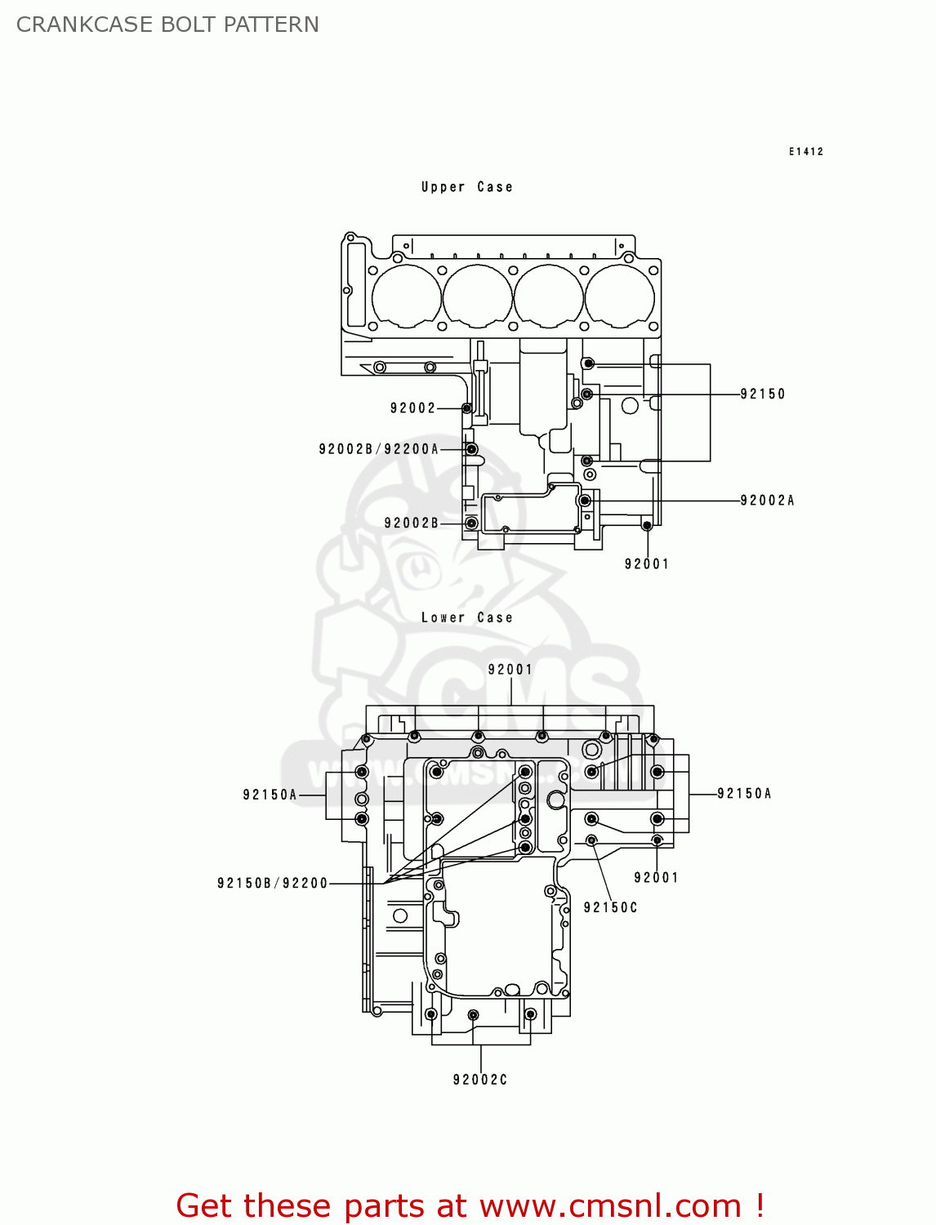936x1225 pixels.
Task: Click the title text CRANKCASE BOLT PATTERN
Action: (167, 24)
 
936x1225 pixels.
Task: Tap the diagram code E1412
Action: (805, 151)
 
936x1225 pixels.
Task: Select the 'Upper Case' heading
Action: (466, 187)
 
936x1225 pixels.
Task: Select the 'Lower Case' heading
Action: (466, 617)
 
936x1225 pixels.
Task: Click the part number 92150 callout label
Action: (762, 394)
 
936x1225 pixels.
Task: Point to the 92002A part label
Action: (767, 501)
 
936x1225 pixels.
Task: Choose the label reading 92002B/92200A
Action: (378, 449)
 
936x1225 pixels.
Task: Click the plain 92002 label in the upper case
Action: (412, 408)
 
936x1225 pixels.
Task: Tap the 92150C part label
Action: (610, 907)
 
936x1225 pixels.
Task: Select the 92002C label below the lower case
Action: (480, 1080)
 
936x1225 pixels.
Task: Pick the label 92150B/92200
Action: (272, 883)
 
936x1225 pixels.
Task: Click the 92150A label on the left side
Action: (270, 795)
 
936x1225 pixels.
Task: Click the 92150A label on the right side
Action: (744, 793)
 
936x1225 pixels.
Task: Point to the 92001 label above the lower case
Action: (510, 670)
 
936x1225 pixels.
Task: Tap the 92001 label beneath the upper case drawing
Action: (646, 563)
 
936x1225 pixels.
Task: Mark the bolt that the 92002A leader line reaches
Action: (584, 501)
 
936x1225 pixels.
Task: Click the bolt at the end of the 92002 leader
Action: (467, 408)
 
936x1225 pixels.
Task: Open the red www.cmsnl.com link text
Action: (610, 1205)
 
